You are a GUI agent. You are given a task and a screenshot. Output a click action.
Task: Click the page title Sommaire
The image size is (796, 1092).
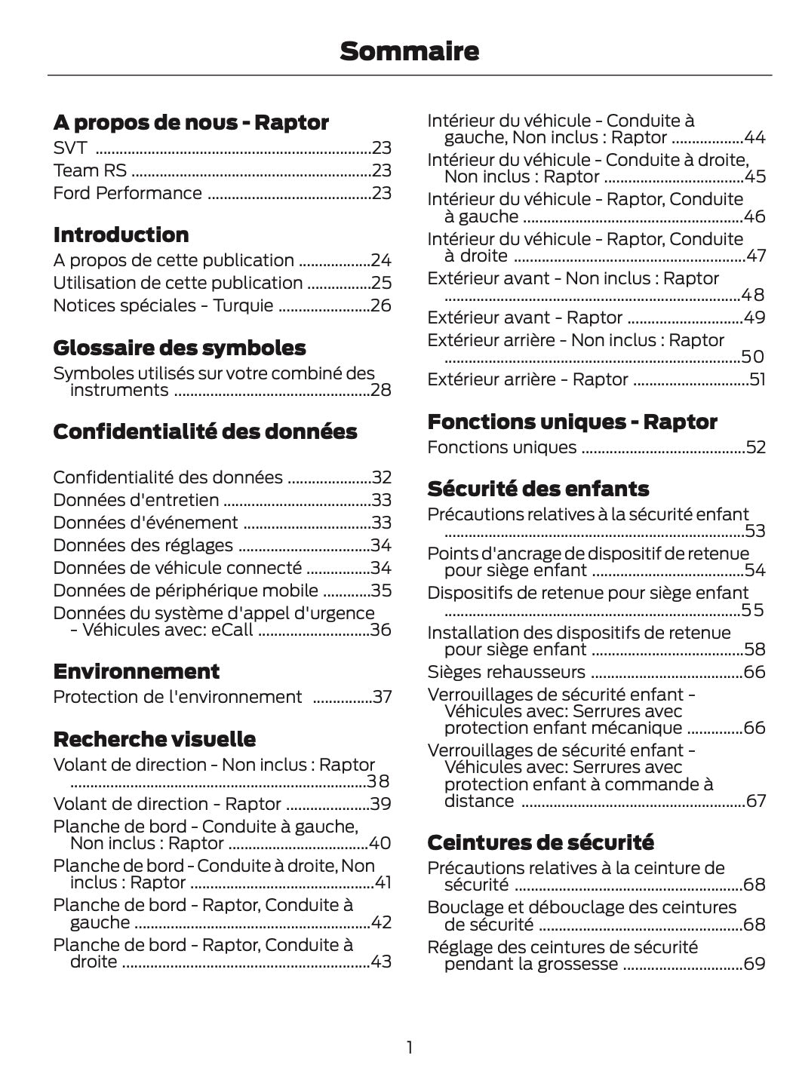(x=409, y=51)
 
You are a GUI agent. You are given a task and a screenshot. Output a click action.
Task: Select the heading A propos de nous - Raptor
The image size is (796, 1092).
(x=191, y=122)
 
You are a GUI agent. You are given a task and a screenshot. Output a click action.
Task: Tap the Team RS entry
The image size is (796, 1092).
(x=90, y=170)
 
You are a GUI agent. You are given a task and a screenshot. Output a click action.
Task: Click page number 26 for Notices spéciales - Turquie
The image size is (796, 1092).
(x=380, y=305)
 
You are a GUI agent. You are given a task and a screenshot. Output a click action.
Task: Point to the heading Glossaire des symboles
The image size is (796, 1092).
(x=180, y=348)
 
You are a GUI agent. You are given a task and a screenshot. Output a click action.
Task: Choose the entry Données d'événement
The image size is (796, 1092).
(x=146, y=523)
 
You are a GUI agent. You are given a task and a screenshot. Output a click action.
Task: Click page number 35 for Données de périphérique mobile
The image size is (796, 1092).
(x=380, y=590)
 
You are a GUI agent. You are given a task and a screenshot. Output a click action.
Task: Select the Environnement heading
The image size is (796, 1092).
(x=137, y=671)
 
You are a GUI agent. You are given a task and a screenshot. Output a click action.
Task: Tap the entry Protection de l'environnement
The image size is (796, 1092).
(x=177, y=697)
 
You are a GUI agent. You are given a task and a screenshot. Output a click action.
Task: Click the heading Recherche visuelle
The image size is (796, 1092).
(x=155, y=738)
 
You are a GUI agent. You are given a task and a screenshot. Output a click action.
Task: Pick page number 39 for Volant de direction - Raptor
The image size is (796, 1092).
(x=380, y=804)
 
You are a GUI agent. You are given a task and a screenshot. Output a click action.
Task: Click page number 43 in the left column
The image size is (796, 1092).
(x=380, y=962)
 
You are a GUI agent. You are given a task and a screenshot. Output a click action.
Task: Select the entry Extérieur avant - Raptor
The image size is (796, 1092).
(x=524, y=317)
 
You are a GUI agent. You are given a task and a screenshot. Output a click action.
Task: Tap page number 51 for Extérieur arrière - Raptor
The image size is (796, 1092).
(x=757, y=379)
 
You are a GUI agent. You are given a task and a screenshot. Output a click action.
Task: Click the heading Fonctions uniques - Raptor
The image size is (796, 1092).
(x=572, y=422)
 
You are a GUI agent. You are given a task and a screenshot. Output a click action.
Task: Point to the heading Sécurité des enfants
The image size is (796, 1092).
(x=538, y=489)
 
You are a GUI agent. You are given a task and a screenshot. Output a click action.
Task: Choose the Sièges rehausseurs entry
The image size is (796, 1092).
(x=506, y=672)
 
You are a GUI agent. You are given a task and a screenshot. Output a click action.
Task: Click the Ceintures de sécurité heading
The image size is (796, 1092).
(x=540, y=842)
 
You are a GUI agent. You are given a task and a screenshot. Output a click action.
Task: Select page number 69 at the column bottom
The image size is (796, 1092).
(x=755, y=964)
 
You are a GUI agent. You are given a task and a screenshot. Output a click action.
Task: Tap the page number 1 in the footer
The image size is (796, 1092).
(x=409, y=1047)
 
